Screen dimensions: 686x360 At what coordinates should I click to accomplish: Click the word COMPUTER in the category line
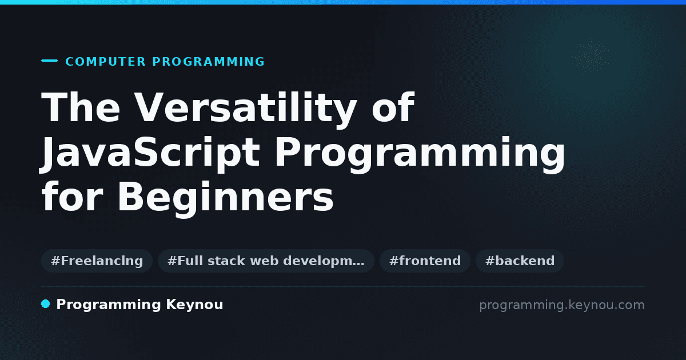(106, 62)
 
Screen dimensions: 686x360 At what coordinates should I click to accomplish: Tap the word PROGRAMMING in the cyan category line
(209, 62)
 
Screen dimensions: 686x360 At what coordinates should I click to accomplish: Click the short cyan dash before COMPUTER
(49, 61)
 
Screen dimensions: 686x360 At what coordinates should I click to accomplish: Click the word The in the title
(81, 107)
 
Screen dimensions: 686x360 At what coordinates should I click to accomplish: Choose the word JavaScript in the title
(150, 153)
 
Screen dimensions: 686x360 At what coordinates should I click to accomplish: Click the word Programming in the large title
(420, 154)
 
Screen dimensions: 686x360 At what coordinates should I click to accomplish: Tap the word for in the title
(72, 195)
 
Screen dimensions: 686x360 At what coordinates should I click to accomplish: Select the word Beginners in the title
(225, 198)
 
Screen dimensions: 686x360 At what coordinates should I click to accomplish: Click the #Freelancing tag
(97, 261)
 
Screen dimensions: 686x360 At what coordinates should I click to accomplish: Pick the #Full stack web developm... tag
(266, 261)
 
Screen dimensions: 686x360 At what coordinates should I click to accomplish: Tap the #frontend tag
(425, 261)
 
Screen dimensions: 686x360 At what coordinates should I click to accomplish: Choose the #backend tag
(520, 261)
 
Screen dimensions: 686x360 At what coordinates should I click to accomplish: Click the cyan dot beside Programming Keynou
(45, 304)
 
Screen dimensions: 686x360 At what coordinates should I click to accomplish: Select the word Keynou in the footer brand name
(194, 305)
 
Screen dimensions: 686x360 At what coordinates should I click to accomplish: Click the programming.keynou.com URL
(562, 305)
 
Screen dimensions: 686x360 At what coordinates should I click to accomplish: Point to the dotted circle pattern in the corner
(591, 57)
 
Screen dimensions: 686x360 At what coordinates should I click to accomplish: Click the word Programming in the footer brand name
(109, 305)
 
